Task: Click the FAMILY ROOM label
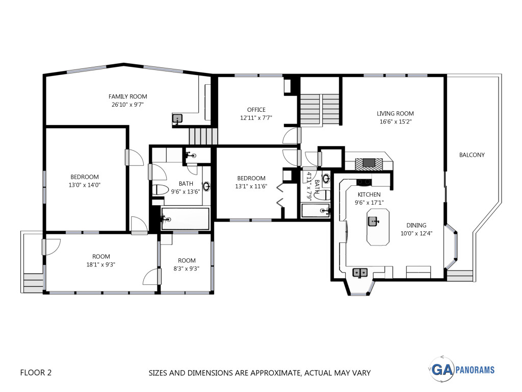(128, 96)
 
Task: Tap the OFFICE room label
(256, 110)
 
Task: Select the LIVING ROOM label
(395, 114)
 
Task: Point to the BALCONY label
(472, 155)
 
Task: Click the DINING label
(416, 225)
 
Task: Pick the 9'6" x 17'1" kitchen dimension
(369, 202)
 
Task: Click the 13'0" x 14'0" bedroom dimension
(85, 185)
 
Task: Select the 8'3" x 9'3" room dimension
(187, 268)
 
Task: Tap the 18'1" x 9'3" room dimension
(101, 265)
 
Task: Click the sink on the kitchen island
(373, 221)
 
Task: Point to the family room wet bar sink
(177, 118)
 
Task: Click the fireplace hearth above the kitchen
(369, 163)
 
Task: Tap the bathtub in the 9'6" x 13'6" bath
(185, 218)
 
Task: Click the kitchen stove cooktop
(364, 182)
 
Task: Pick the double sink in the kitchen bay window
(360, 273)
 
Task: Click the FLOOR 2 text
(36, 372)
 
